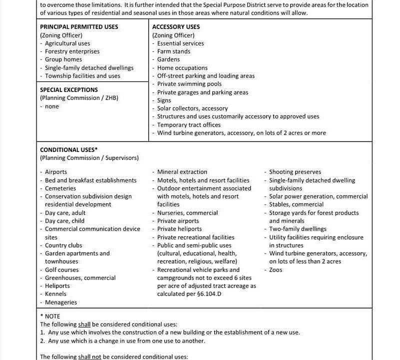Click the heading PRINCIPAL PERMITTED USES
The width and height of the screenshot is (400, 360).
click(x=79, y=27)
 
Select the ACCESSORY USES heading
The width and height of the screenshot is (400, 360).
click(x=176, y=27)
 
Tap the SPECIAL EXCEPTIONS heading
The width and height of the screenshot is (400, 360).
click(x=69, y=90)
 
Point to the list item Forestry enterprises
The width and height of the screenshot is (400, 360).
click(x=72, y=51)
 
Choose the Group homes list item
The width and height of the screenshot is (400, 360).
click(x=63, y=59)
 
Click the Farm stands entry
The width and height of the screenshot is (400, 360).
click(x=173, y=51)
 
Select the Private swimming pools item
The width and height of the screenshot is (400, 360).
click(x=189, y=84)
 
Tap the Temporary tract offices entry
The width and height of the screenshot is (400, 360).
click(x=189, y=125)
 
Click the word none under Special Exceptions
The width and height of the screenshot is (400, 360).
click(x=52, y=106)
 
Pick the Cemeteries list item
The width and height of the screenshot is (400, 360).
click(x=60, y=188)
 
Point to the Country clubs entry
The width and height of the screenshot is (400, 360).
click(x=63, y=245)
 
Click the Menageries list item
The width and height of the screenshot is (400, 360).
click(x=61, y=302)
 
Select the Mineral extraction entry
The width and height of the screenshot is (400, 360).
click(x=182, y=172)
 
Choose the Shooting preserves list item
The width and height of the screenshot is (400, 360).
click(x=295, y=172)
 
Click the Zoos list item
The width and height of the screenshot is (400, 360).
click(x=276, y=270)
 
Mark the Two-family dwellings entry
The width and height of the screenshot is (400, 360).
click(x=298, y=229)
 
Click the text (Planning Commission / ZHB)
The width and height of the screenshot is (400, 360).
click(x=79, y=98)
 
